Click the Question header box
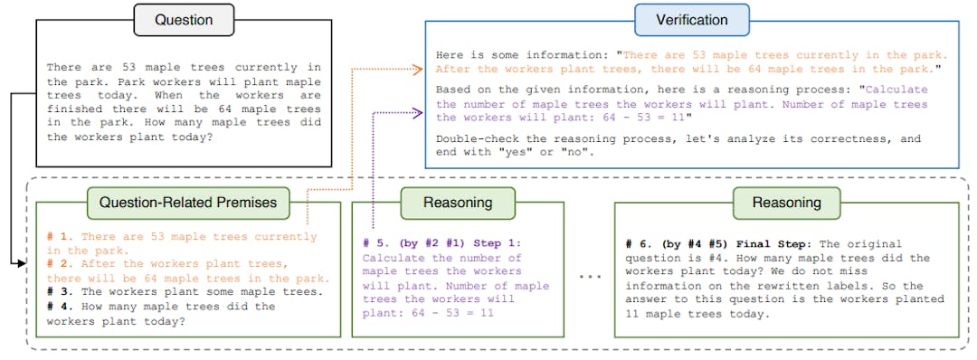[x=184, y=20]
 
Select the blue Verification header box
[x=691, y=20]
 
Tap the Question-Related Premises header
[x=188, y=203]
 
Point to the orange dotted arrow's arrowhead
[x=421, y=68]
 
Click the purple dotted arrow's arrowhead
[x=421, y=113]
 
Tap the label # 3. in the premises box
[x=60, y=292]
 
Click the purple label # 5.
[x=375, y=243]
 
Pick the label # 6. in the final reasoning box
[x=639, y=244]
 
